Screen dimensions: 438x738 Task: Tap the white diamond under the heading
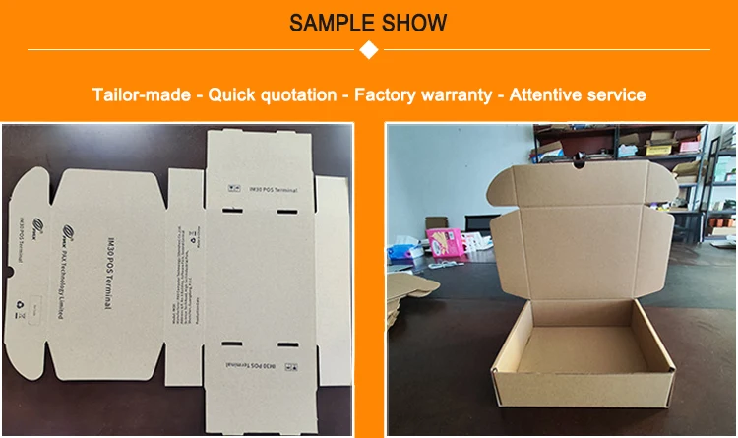(x=369, y=50)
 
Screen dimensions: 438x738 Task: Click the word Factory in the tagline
(x=388, y=95)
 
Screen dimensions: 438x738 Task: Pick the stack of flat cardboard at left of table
(x=404, y=295)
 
